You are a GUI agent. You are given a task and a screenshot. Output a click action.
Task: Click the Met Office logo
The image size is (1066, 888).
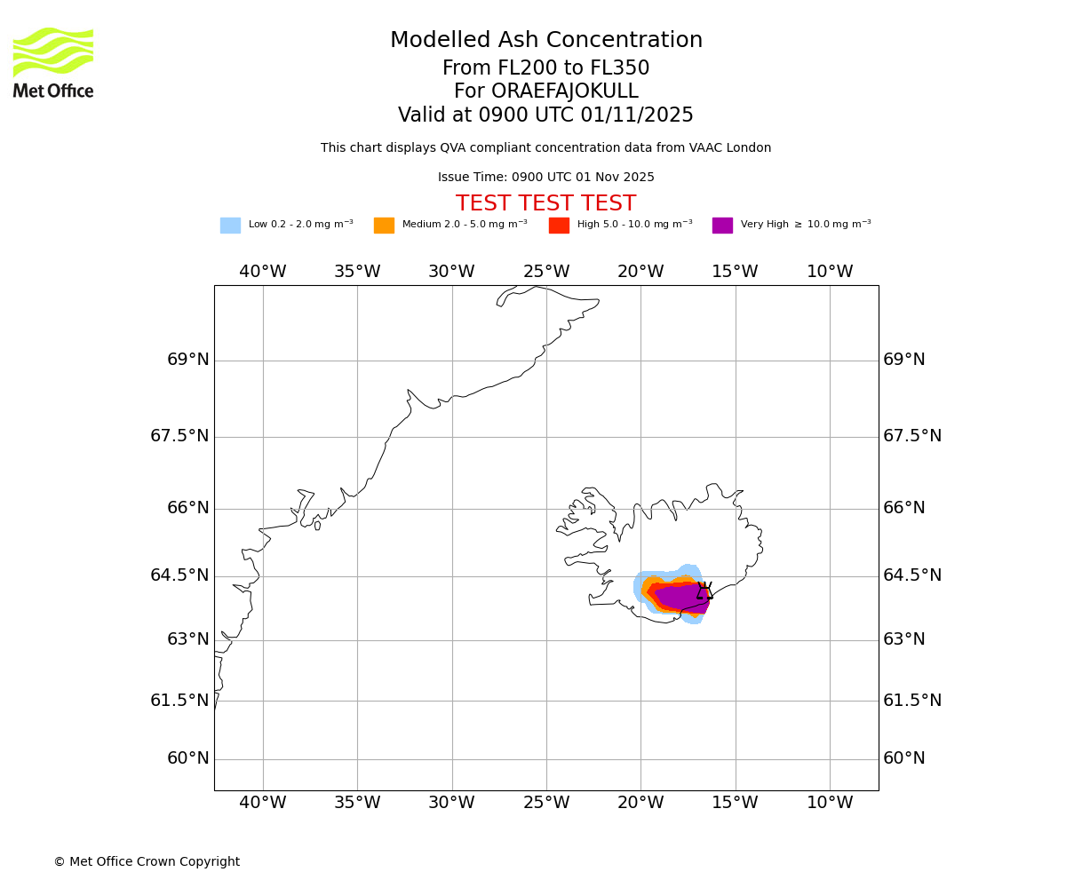tap(53, 62)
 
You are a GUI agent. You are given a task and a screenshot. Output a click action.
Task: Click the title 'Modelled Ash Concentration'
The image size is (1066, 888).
tap(545, 41)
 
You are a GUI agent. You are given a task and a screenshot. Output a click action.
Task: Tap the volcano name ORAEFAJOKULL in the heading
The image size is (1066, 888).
tap(545, 91)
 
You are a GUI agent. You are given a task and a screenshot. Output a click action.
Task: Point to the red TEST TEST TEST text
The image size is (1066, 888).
tap(545, 204)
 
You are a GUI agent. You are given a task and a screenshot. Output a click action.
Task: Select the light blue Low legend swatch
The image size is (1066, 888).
tap(230, 226)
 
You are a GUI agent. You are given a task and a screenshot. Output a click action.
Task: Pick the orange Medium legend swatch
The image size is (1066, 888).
tap(384, 226)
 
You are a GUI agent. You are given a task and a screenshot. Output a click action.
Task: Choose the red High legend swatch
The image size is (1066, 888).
tap(559, 226)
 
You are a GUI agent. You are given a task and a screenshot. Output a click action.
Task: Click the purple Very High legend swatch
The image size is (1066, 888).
tap(722, 226)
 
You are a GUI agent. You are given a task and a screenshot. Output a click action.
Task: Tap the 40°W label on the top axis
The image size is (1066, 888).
tap(263, 272)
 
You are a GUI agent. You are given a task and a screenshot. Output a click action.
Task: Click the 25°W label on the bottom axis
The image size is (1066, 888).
tap(546, 804)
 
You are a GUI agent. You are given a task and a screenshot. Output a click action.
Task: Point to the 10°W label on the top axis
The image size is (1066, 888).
tap(830, 272)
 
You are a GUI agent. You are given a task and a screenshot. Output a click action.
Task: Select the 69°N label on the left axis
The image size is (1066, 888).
tap(188, 360)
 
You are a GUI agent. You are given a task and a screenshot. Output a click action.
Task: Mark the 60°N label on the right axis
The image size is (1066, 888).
tap(903, 758)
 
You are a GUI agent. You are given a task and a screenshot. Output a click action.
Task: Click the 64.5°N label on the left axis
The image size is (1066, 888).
tap(179, 575)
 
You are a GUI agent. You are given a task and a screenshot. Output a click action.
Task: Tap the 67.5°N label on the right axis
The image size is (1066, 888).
tap(912, 436)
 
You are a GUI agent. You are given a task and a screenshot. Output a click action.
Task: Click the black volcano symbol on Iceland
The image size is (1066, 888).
tap(704, 591)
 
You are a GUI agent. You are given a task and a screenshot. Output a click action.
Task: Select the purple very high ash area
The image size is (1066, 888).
tap(680, 597)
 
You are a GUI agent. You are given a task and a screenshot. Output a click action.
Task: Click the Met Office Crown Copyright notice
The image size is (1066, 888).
tap(147, 862)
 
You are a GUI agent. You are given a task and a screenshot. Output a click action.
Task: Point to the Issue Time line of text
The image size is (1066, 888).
tap(545, 178)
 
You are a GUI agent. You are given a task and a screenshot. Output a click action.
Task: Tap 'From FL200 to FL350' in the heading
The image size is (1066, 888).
tap(545, 68)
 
